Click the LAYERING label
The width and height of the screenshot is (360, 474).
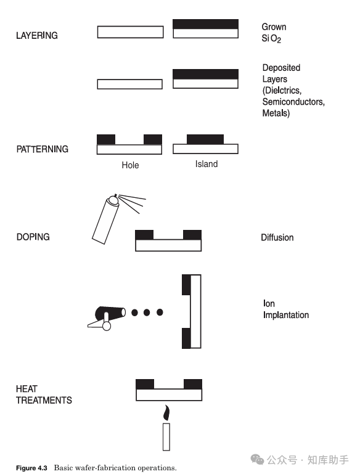tap(37, 36)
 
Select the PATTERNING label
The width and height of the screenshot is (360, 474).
tap(43, 149)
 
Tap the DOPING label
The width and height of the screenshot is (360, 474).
tap(33, 237)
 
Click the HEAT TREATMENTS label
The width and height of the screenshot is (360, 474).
tap(44, 394)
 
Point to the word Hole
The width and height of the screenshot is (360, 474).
tap(130, 165)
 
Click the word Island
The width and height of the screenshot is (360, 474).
tap(206, 165)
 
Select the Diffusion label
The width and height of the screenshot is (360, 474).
tap(277, 237)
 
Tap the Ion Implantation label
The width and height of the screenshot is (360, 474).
tap(285, 309)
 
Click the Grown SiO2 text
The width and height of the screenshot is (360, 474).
tap(274, 33)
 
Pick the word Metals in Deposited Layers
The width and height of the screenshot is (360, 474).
tap(276, 113)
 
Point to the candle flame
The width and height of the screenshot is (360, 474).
tap(166, 411)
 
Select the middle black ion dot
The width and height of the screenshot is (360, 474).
tap(147, 313)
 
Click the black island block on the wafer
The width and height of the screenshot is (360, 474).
tap(205, 139)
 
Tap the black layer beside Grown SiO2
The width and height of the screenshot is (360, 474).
tap(205, 24)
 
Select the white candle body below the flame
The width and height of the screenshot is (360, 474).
tap(166, 436)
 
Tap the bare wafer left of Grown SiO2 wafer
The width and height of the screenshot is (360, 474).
tap(131, 32)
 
